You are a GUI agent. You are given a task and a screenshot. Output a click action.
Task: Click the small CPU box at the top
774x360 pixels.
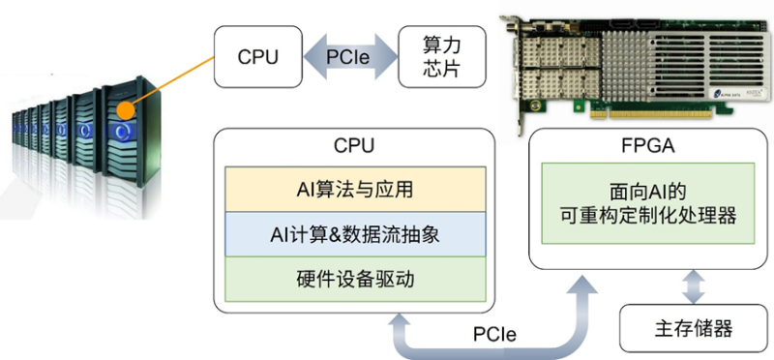tap(258, 56)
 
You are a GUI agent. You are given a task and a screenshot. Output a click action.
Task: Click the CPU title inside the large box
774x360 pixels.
tap(354, 146)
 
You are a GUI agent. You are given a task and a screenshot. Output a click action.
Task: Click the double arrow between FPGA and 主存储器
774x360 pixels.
tap(688, 286)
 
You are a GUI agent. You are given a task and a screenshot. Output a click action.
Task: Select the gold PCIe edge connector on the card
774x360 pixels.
tap(668, 112)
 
